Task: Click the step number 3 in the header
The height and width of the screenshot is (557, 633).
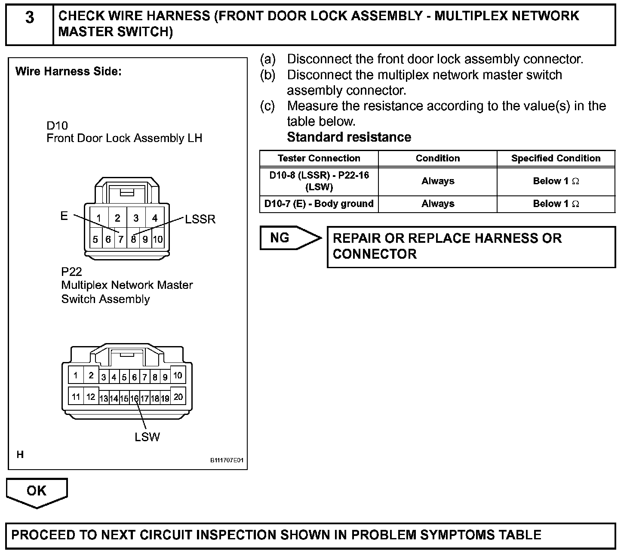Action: (30, 18)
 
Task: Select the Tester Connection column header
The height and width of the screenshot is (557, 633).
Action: (319, 158)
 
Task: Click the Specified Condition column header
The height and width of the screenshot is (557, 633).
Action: (556, 158)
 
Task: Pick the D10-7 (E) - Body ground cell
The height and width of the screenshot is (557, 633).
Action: (319, 204)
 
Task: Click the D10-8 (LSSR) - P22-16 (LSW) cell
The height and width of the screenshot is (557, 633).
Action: (319, 181)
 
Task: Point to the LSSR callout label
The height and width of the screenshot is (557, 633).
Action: (200, 220)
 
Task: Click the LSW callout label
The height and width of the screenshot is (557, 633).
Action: (147, 437)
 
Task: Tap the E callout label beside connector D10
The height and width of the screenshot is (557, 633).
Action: (64, 216)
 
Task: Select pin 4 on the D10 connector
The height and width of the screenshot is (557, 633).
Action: (155, 218)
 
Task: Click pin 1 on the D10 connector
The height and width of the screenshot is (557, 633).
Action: (99, 218)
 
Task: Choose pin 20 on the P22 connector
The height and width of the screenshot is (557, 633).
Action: (178, 396)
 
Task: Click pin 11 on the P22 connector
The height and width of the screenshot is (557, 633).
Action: (76, 396)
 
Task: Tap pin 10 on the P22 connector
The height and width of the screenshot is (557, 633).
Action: (178, 375)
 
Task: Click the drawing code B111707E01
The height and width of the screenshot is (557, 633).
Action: (227, 461)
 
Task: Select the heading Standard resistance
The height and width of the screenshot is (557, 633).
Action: (349, 137)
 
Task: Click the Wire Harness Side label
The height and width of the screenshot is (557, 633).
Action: (68, 71)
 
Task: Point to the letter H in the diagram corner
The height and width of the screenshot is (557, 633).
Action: (20, 455)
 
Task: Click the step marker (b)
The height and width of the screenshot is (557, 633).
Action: (267, 75)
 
